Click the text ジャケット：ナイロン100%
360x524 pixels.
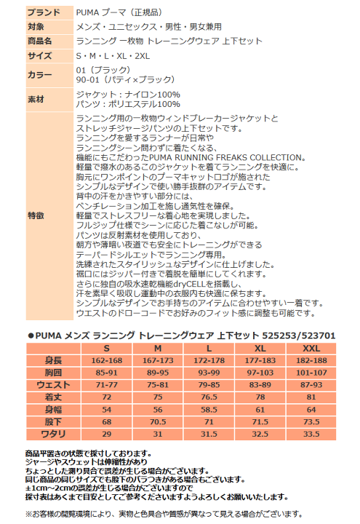pos(127,95)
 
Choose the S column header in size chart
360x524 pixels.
pos(107,349)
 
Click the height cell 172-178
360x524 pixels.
pos(209,360)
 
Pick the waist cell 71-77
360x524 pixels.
pos(107,384)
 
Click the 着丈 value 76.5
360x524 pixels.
pos(209,397)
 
